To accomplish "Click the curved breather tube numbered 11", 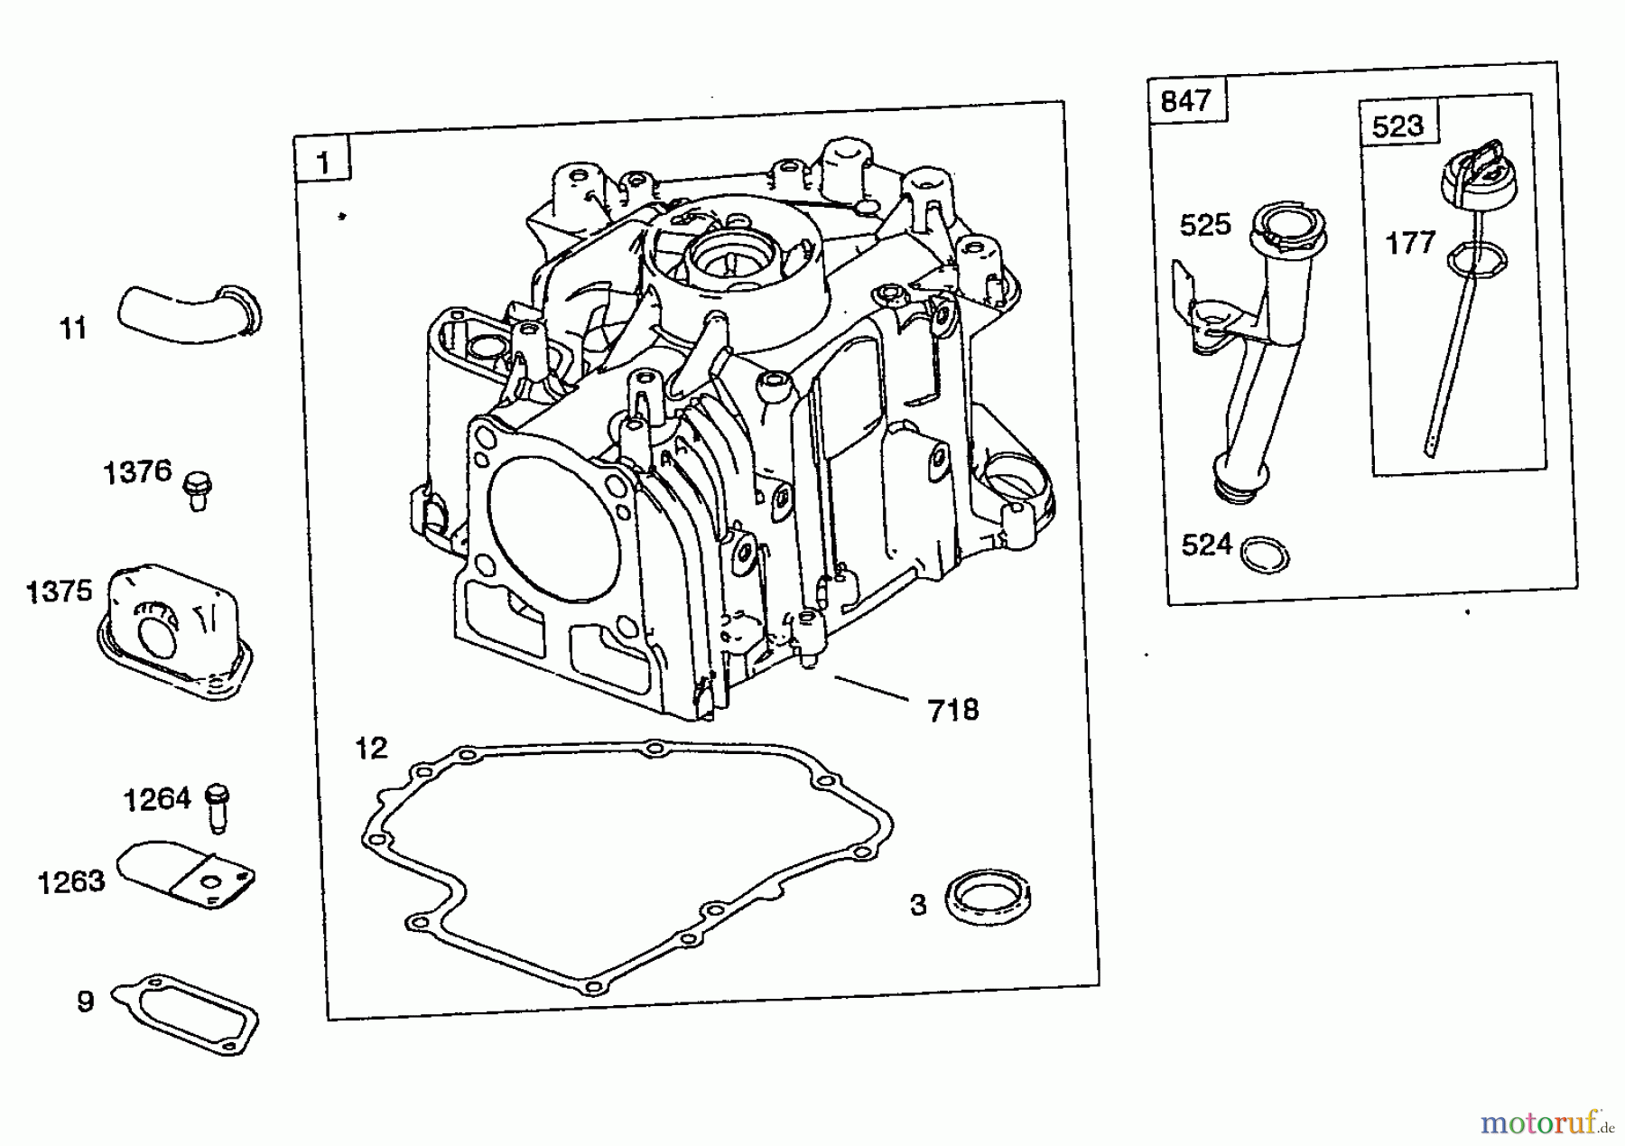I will tap(185, 313).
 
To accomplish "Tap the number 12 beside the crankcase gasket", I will tap(371, 748).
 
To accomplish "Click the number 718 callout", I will tap(952, 711).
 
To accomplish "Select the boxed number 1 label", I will tap(322, 163).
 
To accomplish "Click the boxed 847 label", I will tap(1185, 101).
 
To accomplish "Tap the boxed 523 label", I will tap(1397, 126).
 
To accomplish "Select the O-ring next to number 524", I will tap(1265, 554).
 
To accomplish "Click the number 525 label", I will tap(1204, 225).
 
